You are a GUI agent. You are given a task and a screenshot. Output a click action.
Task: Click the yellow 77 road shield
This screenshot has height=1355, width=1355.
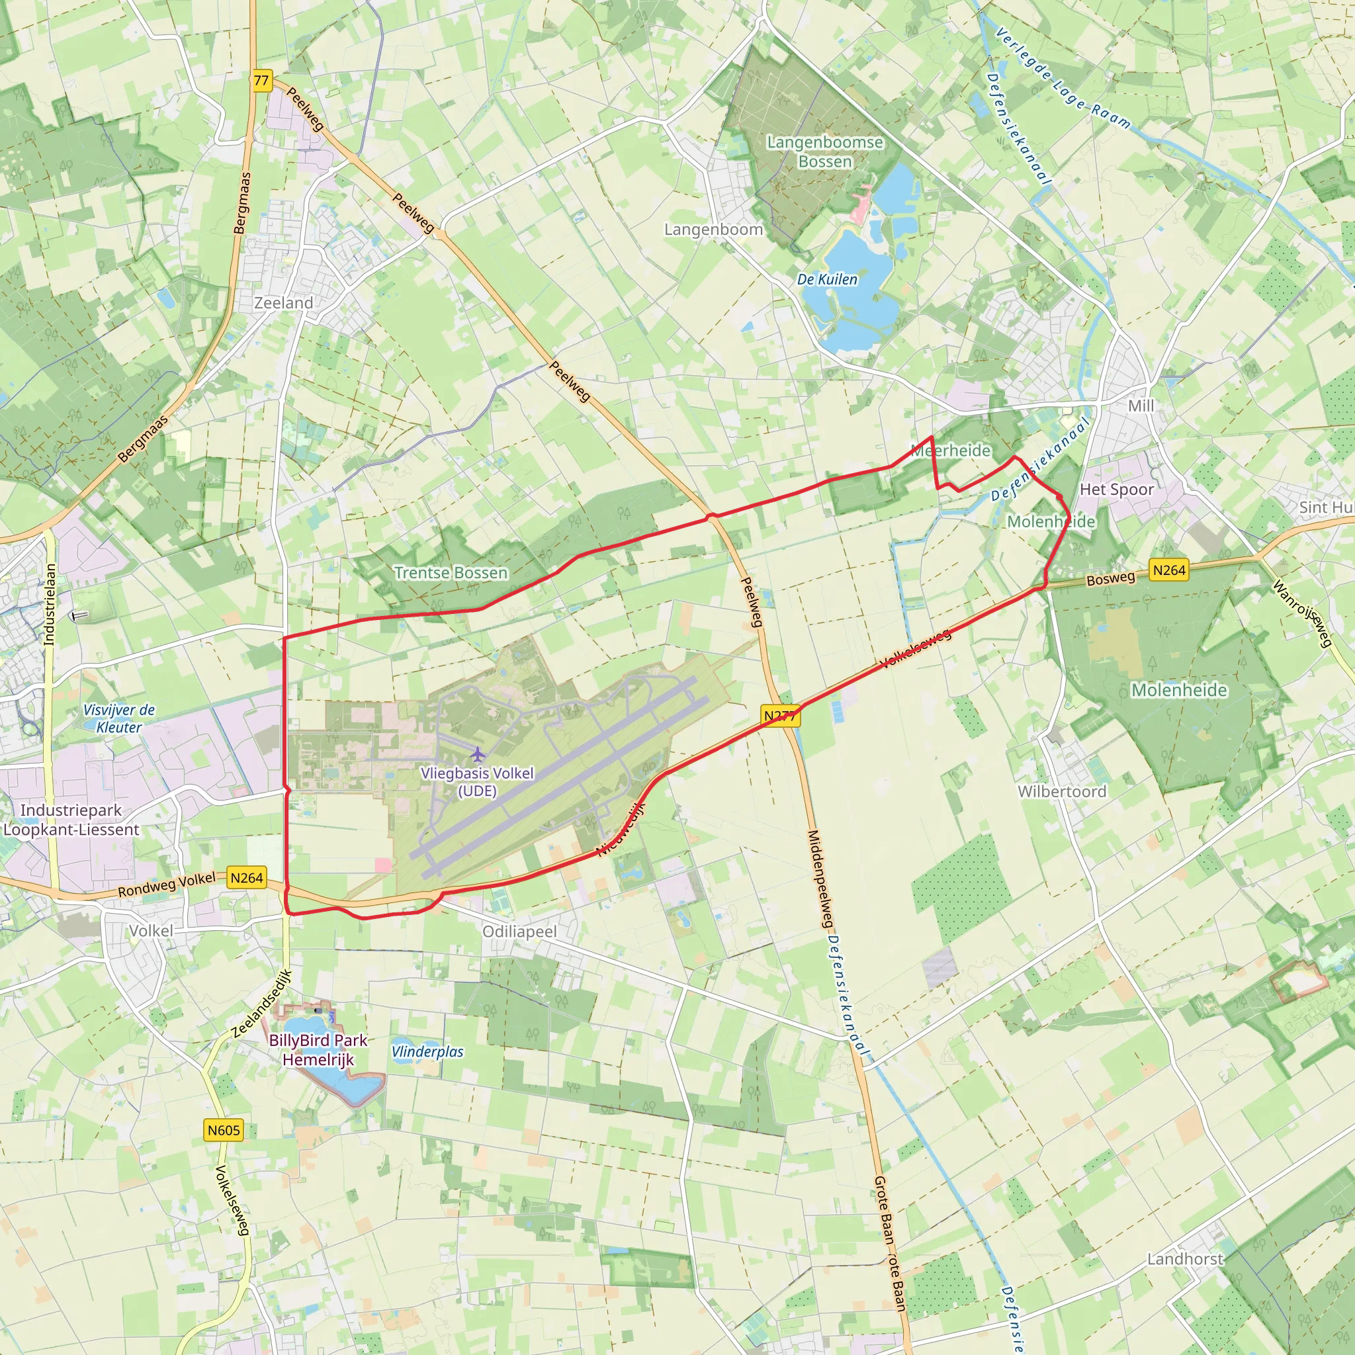coord(261,81)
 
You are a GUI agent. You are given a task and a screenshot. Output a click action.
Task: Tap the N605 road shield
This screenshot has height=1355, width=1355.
coord(224,1130)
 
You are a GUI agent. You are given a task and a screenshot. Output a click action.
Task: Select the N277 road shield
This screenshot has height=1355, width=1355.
coord(780,716)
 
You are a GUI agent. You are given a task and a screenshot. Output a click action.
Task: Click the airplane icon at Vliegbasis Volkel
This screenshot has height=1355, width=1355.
coord(478,755)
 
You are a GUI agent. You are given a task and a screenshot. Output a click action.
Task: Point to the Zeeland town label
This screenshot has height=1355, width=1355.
coord(283,303)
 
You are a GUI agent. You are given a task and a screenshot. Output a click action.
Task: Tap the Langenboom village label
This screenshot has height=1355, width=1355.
coord(713,230)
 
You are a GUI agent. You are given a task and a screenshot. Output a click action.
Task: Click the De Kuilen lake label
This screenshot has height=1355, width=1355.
coord(827,279)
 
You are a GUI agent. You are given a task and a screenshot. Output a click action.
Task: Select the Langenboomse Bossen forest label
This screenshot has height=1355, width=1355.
coord(825,152)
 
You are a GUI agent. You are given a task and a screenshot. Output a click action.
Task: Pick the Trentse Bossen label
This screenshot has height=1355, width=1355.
coord(451,572)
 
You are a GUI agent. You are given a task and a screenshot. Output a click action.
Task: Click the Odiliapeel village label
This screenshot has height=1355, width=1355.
coord(519,932)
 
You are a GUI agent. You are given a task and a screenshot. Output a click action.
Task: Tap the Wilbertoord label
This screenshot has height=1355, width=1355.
coord(1062,791)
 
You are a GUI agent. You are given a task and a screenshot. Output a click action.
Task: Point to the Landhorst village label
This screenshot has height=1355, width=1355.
coord(1184,1259)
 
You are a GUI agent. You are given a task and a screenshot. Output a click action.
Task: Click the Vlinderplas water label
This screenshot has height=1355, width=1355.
coord(428,1052)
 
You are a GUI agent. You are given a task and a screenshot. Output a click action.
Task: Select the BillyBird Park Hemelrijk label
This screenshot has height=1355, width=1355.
coord(318,1050)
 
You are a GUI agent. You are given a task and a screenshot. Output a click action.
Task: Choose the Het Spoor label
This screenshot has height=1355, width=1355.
coord(1117,489)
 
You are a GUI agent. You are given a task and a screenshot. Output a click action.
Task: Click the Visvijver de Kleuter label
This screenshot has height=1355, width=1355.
coord(119,718)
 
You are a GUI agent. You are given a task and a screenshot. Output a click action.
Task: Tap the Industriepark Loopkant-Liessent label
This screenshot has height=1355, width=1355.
coord(71,820)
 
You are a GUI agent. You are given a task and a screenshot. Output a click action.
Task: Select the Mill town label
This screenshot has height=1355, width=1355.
coord(1141,406)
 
